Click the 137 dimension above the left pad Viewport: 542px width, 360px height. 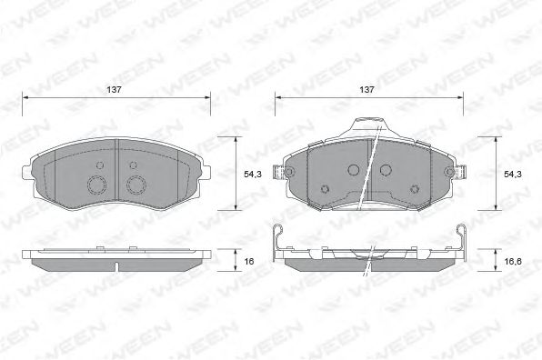[114, 89]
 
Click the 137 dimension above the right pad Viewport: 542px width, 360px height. [366, 89]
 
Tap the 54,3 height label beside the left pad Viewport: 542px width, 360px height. [253, 175]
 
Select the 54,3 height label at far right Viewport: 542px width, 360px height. [512, 175]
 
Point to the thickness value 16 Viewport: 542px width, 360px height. [249, 261]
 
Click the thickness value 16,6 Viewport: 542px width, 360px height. [513, 261]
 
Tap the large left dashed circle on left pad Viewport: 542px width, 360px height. [96, 185]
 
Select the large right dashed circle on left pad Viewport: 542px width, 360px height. [136, 185]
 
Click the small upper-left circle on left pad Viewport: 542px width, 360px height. [100, 165]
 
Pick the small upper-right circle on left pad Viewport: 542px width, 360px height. [133, 165]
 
